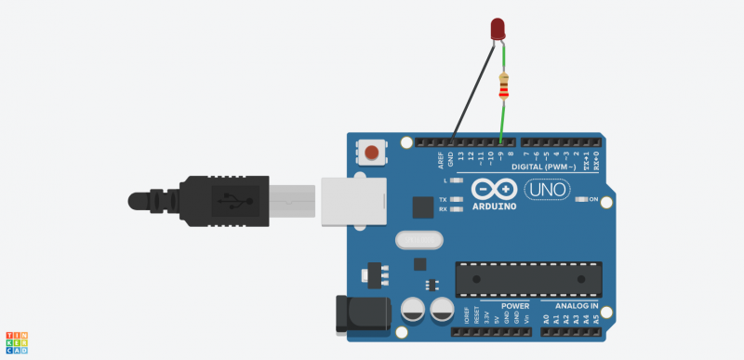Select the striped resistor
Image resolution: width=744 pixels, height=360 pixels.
coord(504,87)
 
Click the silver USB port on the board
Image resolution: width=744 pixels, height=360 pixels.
coord(354,201)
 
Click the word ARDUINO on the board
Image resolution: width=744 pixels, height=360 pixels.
coord(494,206)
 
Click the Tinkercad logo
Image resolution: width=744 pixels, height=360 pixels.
coord(17,341)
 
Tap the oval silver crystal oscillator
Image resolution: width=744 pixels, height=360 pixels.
coord(417,240)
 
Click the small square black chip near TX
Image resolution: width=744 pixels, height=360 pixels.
coord(423,207)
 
